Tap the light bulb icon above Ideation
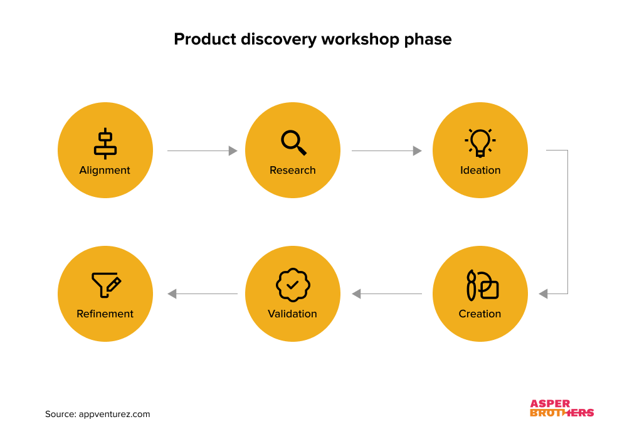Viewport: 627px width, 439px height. [x=480, y=142]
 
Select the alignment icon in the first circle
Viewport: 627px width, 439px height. [x=105, y=143]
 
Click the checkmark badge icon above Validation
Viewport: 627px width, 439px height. [x=293, y=285]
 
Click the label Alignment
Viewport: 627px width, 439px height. [x=105, y=170]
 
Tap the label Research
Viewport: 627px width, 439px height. [x=293, y=170]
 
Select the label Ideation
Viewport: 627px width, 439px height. [x=480, y=170]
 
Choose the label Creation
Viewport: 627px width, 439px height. [x=480, y=314]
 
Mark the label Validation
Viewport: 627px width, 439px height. [x=293, y=314]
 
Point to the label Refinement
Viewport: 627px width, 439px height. [x=105, y=314]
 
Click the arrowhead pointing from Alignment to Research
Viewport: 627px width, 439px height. [x=233, y=151]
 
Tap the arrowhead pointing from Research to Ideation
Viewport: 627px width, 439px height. [x=418, y=151]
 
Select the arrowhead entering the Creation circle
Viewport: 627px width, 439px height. [x=543, y=294]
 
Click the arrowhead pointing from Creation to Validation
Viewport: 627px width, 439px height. [x=356, y=294]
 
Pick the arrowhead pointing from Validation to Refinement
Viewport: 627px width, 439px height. [x=172, y=294]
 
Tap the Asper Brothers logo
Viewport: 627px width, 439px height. [x=562, y=408]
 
